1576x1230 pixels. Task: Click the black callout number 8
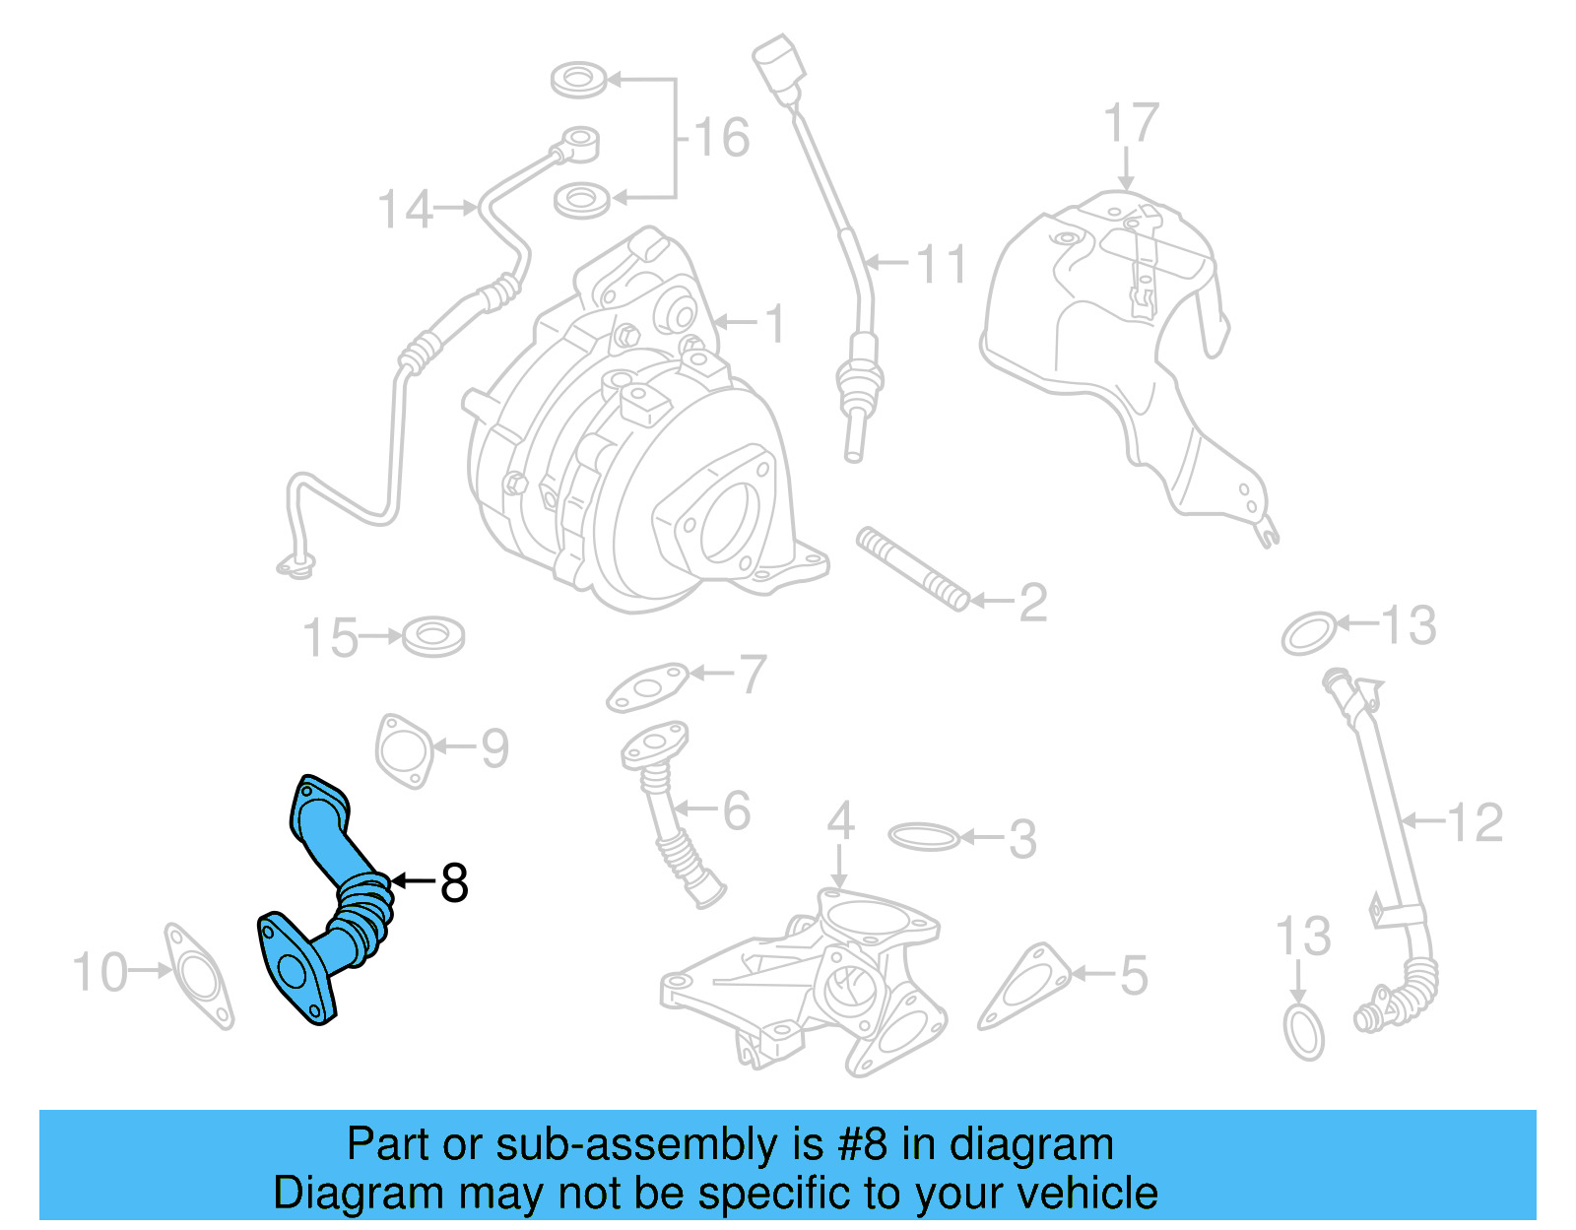[453, 883]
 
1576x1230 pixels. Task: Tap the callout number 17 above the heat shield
[1131, 124]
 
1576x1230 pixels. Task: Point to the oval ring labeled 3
[923, 838]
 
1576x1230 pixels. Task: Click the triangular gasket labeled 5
[1024, 987]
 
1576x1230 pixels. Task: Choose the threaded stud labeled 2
[912, 569]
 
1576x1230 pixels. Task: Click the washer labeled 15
[433, 636]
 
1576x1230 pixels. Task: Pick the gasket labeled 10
[200, 976]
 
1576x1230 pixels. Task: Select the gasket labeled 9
[404, 750]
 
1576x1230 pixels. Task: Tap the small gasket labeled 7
[647, 686]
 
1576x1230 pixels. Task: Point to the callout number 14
[405, 210]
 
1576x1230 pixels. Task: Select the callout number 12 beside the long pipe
[1476, 822]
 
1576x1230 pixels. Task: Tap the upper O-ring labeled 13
[1310, 634]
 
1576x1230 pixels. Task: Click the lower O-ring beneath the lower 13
[1304, 1031]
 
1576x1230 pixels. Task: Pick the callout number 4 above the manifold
[839, 820]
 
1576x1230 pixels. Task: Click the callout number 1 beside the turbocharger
[777, 323]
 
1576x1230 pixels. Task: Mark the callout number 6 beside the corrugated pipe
[736, 810]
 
